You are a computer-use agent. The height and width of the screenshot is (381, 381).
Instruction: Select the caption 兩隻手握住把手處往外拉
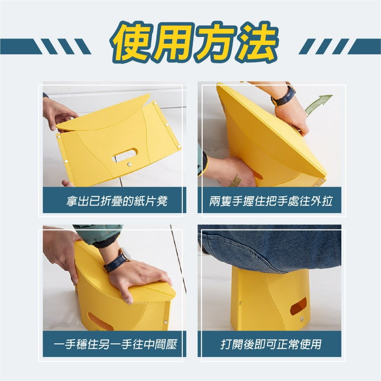point(271,201)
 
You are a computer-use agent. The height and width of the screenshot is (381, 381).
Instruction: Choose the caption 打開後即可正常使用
point(271,345)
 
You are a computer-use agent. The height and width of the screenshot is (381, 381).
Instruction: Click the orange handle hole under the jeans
point(298,306)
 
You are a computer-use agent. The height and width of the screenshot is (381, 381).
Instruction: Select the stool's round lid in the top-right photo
point(267,130)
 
